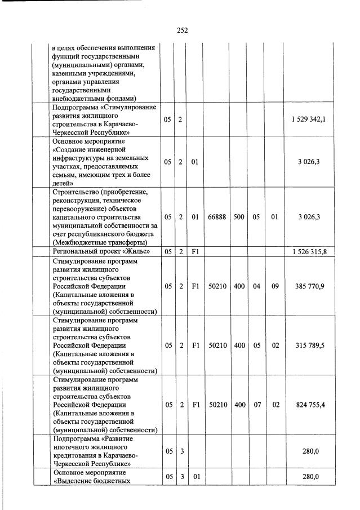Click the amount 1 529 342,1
pos(309,120)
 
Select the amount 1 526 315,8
pos(309,251)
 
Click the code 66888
pos(217,218)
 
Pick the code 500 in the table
pos(239,218)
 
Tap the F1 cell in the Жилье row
pos(195,251)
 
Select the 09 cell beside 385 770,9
pos(275,286)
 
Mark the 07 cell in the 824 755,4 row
pos(256,404)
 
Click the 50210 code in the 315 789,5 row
pos(217,345)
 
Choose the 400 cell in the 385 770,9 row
pos(239,286)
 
